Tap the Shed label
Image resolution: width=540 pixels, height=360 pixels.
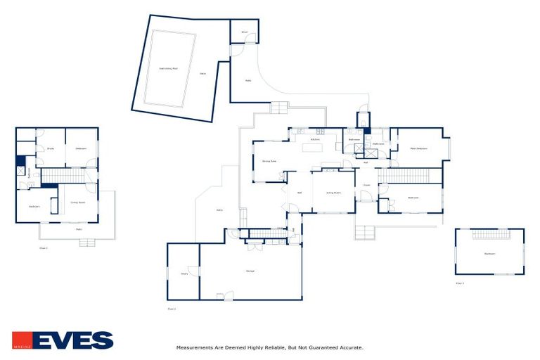pos(244,32)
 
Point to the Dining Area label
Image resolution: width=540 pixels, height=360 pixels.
pos(269,162)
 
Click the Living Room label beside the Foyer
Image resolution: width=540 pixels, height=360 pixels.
pos(333,193)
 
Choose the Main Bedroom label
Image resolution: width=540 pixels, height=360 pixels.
pos(419,148)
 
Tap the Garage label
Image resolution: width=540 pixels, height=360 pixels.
pos(250,271)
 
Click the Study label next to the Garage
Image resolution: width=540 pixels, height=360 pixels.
pos(184,274)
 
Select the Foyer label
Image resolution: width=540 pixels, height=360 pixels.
pos(366,186)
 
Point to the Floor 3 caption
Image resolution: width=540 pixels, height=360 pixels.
pos(460,283)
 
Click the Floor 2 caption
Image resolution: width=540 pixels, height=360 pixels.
pos(172,309)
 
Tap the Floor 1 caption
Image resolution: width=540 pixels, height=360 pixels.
pos(44,248)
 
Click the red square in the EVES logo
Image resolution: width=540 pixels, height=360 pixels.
pos(21,340)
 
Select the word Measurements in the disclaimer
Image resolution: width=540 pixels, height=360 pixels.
pos(194,347)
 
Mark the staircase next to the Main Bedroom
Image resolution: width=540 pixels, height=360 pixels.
pos(410,176)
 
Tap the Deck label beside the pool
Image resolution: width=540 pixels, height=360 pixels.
pos(202,73)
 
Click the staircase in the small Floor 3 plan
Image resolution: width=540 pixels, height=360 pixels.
pos(490,234)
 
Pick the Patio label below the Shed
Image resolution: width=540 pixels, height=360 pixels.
pos(248,80)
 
